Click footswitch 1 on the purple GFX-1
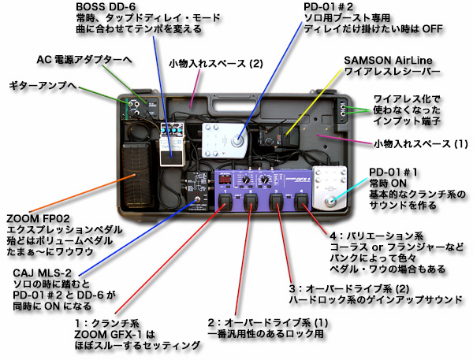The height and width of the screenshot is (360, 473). (x=225, y=206)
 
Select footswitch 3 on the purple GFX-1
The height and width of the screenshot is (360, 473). (x=278, y=206)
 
